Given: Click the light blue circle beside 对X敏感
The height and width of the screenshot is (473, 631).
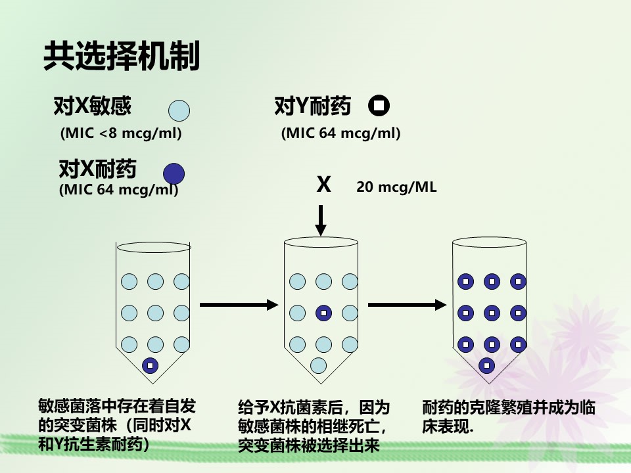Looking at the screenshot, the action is [x=179, y=110].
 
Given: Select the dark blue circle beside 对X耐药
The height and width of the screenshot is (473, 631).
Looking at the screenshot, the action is [x=174, y=174].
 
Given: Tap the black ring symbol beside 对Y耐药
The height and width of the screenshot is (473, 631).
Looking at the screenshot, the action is [x=379, y=105].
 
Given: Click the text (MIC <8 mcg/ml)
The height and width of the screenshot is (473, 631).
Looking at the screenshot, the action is [x=121, y=133].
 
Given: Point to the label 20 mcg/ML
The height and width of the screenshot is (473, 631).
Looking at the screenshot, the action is [x=396, y=187].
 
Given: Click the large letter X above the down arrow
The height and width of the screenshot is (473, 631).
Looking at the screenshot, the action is [x=323, y=184].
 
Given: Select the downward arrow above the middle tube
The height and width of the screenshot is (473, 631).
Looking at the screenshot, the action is [x=321, y=221].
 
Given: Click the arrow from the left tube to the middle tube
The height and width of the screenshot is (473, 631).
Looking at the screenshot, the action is [x=239, y=304].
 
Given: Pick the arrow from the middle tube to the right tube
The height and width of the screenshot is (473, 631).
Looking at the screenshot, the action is [x=408, y=304].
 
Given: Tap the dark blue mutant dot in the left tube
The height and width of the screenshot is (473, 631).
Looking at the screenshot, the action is [x=150, y=366].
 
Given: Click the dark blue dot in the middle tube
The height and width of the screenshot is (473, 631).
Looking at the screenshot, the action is [x=323, y=313].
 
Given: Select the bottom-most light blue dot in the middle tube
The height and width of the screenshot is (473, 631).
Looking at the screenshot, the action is [x=318, y=366].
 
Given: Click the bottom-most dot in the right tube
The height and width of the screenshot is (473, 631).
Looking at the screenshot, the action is [x=486, y=366].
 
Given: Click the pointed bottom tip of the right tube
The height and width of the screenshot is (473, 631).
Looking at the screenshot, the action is [x=489, y=383].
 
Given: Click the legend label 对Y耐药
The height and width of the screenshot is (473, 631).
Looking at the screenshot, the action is [x=313, y=106].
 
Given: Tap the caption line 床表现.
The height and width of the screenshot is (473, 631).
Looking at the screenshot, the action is [x=448, y=427].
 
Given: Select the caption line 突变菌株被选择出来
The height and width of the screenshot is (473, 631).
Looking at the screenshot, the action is [x=309, y=445].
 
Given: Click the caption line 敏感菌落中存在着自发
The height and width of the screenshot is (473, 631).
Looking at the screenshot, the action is [x=117, y=406].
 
